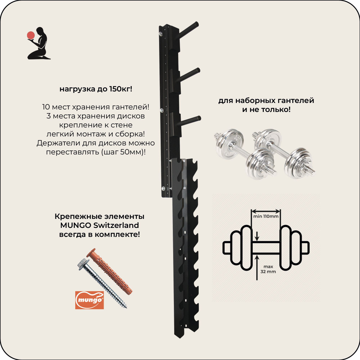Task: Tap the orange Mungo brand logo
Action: click(x=89, y=300)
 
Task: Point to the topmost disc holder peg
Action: click(x=187, y=30)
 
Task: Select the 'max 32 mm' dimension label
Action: click(x=269, y=269)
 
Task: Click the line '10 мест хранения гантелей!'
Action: click(x=96, y=107)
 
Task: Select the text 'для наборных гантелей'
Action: click(x=266, y=100)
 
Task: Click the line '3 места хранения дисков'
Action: click(x=96, y=116)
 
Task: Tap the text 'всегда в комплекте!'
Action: click(x=99, y=234)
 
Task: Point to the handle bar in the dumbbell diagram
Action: click(x=266, y=248)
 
